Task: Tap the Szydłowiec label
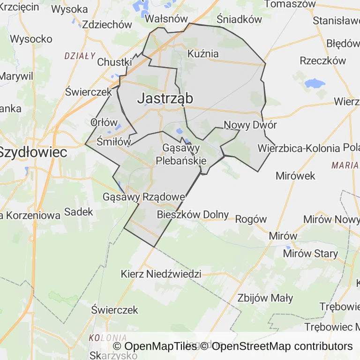33,152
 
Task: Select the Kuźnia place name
203,53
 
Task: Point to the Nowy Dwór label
250,125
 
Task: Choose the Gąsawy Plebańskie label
181,154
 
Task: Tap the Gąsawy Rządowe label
143,197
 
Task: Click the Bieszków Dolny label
193,215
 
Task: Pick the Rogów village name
251,219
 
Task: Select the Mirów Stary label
310,254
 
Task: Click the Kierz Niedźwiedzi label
161,274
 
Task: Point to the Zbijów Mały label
265,298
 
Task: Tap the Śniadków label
239,19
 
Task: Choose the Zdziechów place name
107,25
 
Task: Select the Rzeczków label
323,60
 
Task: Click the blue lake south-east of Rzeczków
315,84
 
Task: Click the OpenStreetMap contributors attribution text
282,346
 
